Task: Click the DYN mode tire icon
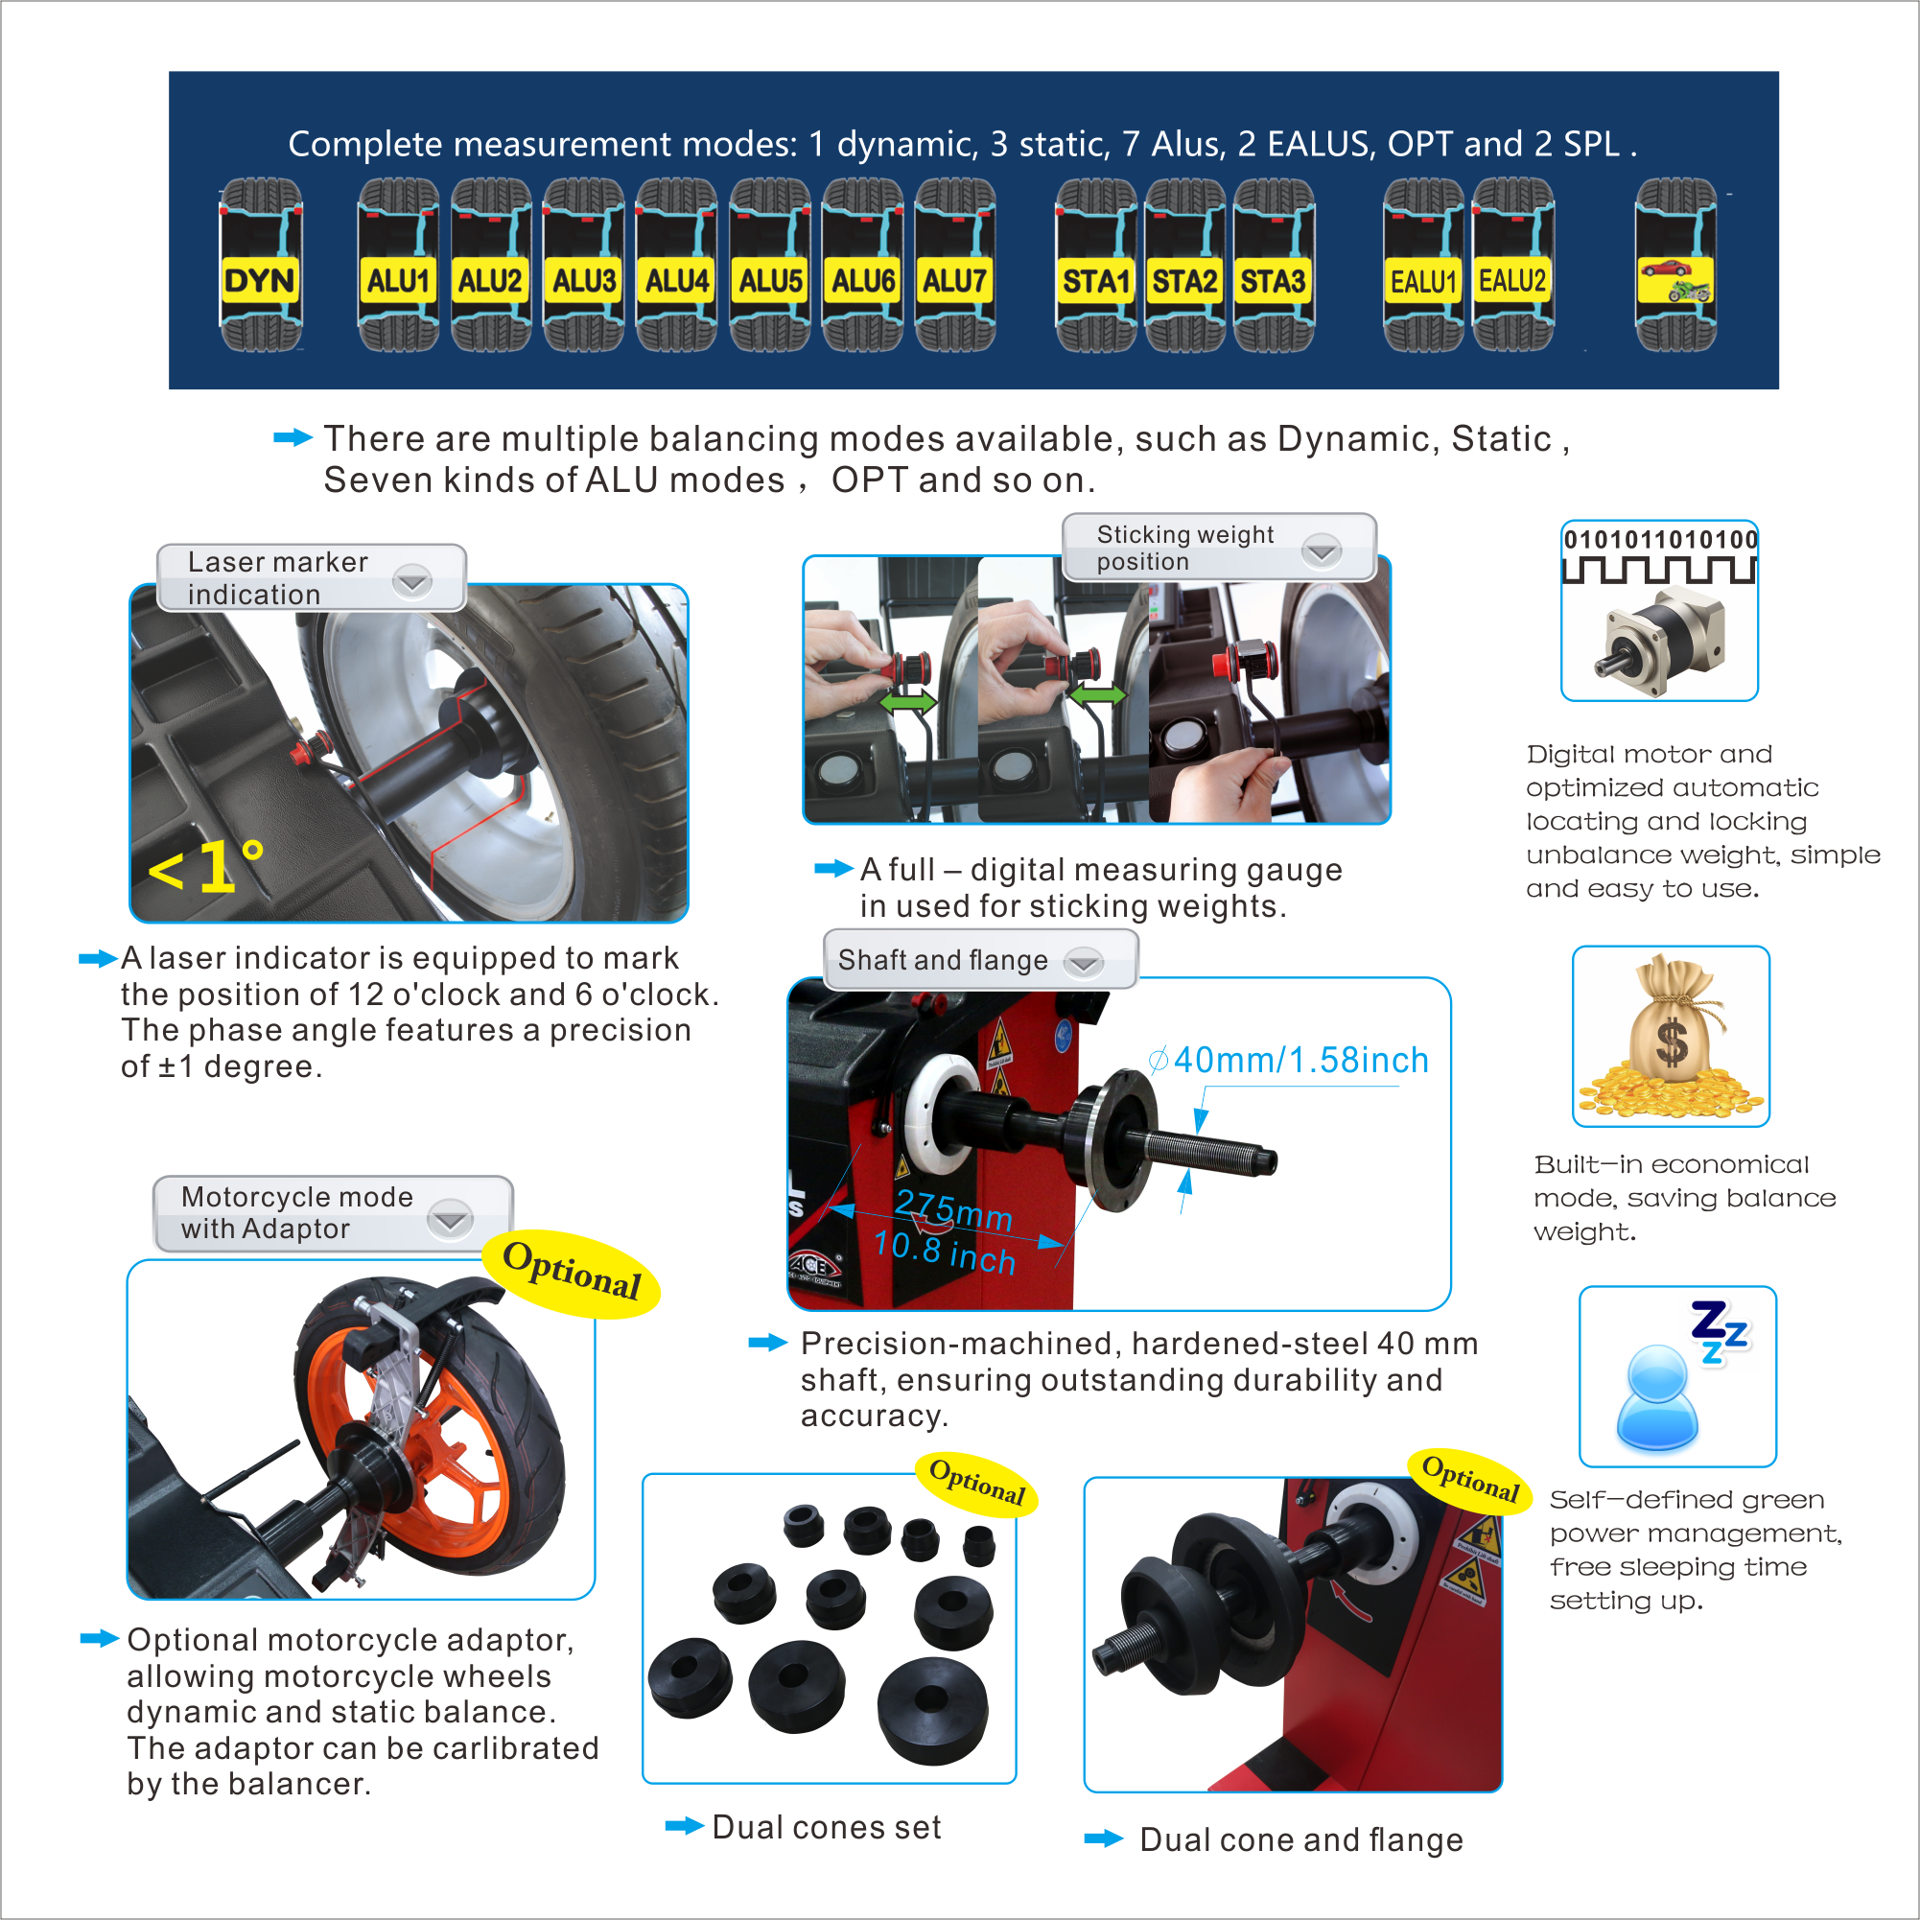point(260,265)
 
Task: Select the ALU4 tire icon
point(677,265)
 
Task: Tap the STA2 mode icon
point(1184,265)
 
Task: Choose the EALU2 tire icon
point(1512,265)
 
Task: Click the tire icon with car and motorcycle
point(1675,265)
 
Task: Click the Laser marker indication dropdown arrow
point(411,580)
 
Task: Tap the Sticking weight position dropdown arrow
point(1322,550)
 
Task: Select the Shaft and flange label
point(942,960)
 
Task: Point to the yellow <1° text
point(205,866)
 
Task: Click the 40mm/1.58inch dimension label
point(1300,1061)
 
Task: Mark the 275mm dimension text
point(953,1209)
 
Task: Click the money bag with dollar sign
point(1672,1036)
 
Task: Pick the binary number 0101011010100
point(1661,540)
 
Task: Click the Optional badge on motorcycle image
point(572,1273)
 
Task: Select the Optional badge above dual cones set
point(977,1482)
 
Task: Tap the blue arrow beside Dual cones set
point(685,1826)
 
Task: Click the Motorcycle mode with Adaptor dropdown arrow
point(450,1218)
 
